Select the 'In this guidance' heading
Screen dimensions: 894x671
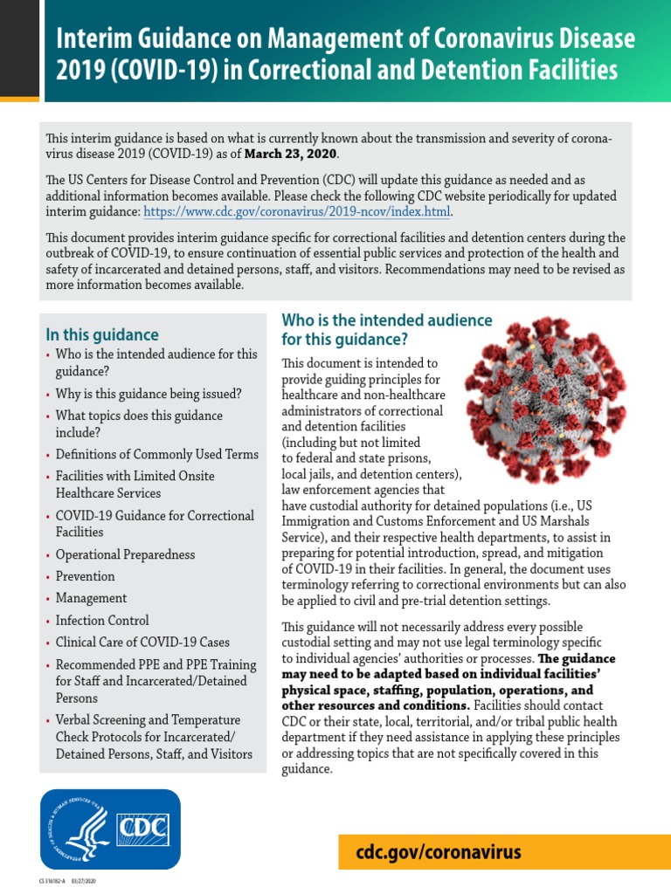(x=102, y=334)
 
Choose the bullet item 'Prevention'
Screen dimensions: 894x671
(x=85, y=576)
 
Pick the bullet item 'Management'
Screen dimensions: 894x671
(x=91, y=598)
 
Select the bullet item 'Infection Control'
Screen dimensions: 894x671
(x=102, y=620)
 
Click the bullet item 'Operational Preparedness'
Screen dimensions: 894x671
(x=125, y=554)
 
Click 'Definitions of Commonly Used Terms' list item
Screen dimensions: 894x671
(x=156, y=454)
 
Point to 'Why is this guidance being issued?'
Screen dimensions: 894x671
(x=149, y=393)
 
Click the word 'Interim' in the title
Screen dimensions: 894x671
(x=89, y=38)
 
